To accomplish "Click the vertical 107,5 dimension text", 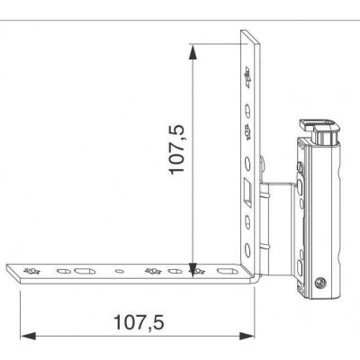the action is point(176,149).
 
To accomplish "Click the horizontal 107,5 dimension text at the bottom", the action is point(139,322).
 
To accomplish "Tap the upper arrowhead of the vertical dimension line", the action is point(193,52).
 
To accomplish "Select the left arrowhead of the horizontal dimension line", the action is point(28,336).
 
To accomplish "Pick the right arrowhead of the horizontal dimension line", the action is point(247,336).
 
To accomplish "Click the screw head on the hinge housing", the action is point(319,283).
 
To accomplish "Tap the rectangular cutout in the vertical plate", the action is point(248,193).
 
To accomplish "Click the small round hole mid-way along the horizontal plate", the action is point(120,272).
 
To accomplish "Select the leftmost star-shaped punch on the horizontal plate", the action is point(31,272).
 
